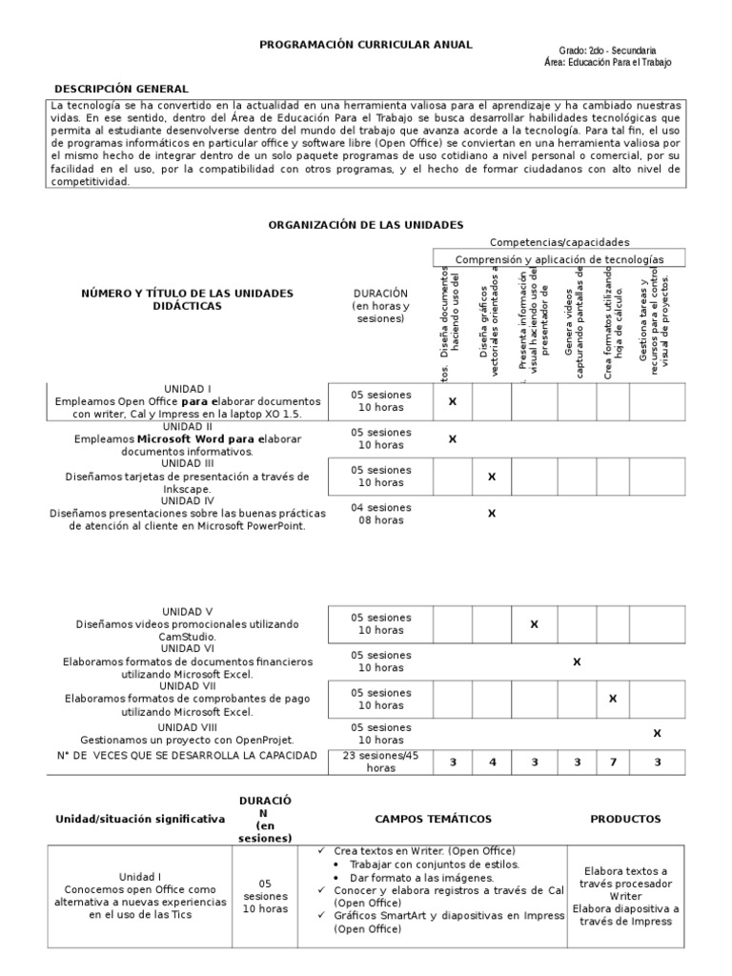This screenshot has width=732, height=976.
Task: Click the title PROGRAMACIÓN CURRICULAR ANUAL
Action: tap(367, 45)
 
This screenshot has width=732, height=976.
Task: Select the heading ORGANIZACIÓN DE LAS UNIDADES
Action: tap(366, 224)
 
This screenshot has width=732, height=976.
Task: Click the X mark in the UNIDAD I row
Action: tap(452, 402)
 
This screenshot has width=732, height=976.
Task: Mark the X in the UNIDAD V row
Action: tap(534, 624)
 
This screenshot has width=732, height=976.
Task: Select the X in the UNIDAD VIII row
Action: tap(657, 733)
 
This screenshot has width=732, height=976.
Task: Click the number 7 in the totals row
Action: tap(613, 762)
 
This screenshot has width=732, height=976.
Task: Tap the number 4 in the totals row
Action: tap(492, 762)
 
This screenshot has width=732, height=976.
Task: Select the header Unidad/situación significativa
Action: tap(140, 819)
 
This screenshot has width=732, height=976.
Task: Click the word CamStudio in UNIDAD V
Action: tap(187, 636)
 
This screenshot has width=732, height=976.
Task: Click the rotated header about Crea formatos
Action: tap(613, 324)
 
